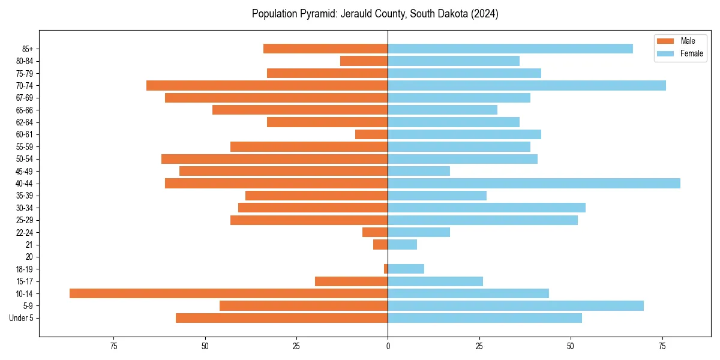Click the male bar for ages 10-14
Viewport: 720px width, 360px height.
[228, 293]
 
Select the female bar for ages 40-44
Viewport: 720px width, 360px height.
[534, 183]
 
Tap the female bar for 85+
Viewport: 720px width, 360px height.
[510, 49]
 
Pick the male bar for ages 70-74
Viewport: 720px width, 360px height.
[267, 85]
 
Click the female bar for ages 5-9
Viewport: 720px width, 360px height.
[515, 305]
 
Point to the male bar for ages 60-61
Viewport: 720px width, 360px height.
[371, 134]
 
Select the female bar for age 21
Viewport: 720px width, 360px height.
[403, 244]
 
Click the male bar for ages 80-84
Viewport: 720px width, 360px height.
[364, 61]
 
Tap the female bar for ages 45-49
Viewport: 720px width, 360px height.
[419, 171]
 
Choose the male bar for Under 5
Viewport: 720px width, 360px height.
[282, 318]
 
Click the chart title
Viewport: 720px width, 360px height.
[375, 14]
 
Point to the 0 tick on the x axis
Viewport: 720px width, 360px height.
[388, 346]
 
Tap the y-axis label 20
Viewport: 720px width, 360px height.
[29, 257]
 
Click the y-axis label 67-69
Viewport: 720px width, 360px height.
[25, 98]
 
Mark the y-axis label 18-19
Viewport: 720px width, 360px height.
[25, 269]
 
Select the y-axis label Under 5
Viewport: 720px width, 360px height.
[22, 318]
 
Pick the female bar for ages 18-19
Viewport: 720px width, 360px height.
[406, 269]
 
